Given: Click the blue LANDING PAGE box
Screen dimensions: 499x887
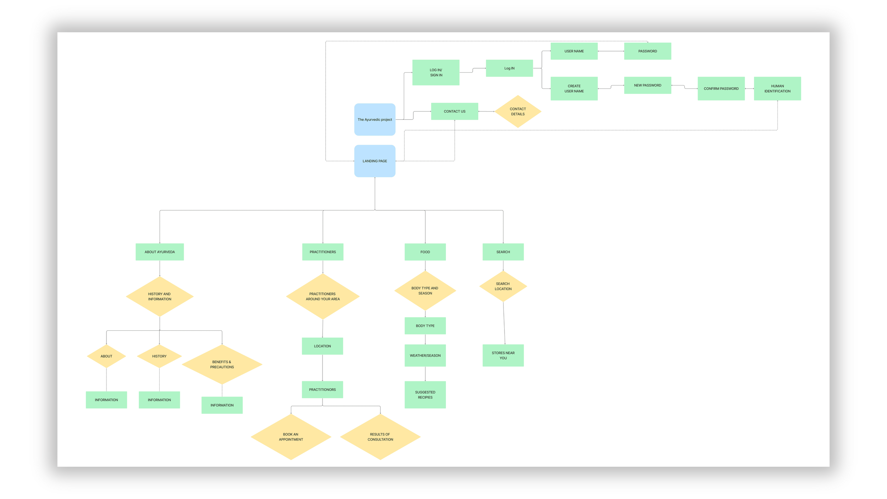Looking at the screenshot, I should pos(375,161).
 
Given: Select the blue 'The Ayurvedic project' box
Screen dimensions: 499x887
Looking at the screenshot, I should pos(375,119).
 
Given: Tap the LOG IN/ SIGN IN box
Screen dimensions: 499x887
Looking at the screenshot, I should pos(436,72).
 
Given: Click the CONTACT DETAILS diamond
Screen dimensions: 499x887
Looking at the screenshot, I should pos(518,111).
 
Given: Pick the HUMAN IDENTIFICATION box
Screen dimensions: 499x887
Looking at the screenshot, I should pos(777,88).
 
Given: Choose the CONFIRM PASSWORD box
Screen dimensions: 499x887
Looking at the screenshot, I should pos(721,88).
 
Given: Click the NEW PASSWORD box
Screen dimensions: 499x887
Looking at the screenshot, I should pos(648,85).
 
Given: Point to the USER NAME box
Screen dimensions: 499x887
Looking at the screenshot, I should pos(574,51).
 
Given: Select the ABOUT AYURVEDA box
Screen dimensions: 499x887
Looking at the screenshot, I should pos(160,252).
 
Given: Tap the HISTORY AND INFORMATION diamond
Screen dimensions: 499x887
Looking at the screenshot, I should pos(160,296).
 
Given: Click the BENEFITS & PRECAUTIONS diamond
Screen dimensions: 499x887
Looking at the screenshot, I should pos(222,364).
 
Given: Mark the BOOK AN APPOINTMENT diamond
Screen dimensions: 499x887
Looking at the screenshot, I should pos(291,437).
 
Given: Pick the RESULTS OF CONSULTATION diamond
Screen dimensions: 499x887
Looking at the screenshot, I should pos(380,437).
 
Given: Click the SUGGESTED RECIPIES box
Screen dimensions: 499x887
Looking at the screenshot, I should pos(425,395).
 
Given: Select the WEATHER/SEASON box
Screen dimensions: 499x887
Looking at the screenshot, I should pos(425,355).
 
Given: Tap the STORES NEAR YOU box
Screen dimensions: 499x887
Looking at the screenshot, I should pos(503,355).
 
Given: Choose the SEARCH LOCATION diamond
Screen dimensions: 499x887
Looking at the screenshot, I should pos(503,286).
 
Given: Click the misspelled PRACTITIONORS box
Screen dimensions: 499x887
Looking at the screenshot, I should pos(322,389).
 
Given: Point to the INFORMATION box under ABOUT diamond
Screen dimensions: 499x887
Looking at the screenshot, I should pos(106,400).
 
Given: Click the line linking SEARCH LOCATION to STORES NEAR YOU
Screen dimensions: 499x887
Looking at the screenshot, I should pos(504,323).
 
